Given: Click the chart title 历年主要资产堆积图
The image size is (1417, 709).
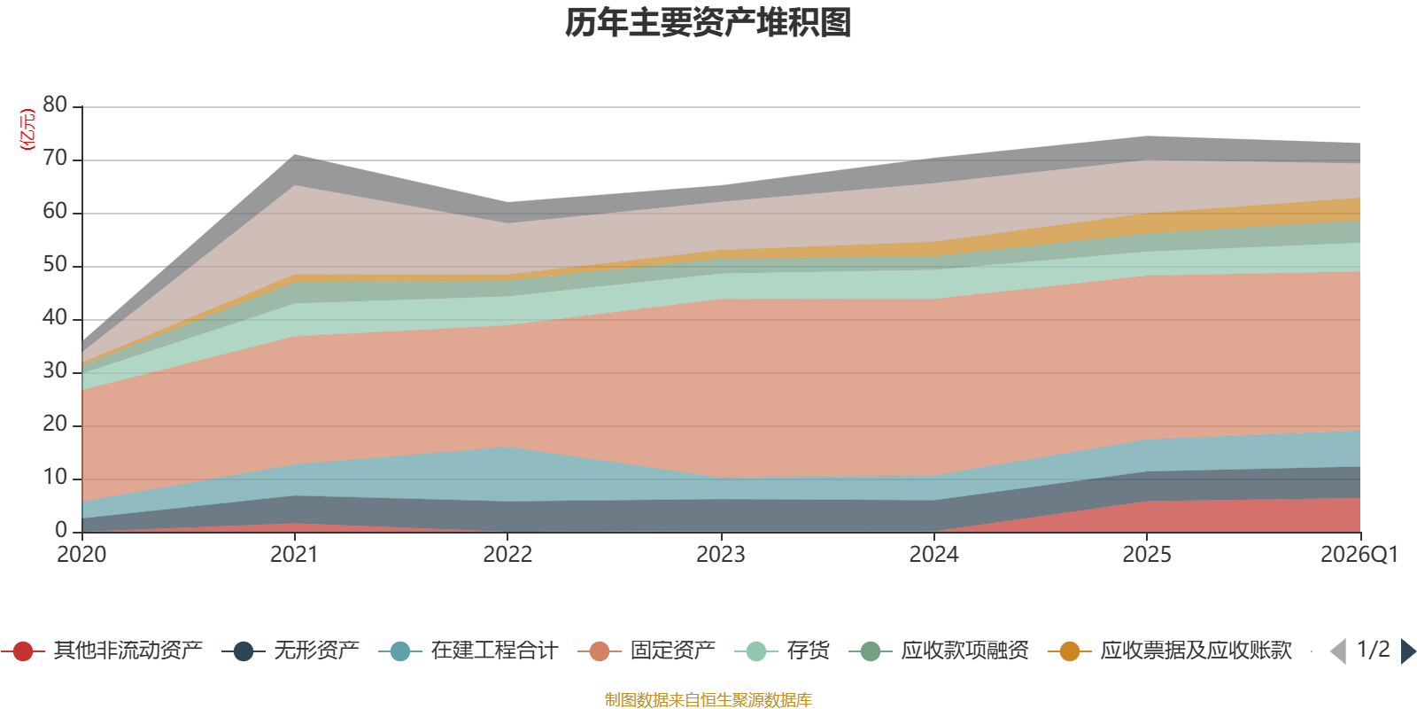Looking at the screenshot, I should coord(708,23).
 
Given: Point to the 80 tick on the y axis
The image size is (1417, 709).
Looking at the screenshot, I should coord(55,105).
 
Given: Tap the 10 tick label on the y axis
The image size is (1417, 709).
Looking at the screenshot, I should coord(55,477).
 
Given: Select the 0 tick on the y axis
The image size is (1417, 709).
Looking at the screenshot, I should coord(60,530).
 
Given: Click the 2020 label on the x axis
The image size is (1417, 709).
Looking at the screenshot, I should coord(81,555).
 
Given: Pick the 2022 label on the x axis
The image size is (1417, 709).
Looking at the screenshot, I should coord(507,555).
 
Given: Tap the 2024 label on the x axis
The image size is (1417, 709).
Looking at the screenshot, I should coord(933,555).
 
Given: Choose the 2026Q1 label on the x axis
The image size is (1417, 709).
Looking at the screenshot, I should coord(1359,555).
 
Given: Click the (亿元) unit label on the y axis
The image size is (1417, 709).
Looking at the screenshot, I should coord(27,129).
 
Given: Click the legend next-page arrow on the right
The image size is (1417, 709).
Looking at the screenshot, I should coord(1407,651).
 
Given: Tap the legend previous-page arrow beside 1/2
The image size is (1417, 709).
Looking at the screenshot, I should coord(1338,651).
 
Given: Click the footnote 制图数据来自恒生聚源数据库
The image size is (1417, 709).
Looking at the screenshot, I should coord(708,700).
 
